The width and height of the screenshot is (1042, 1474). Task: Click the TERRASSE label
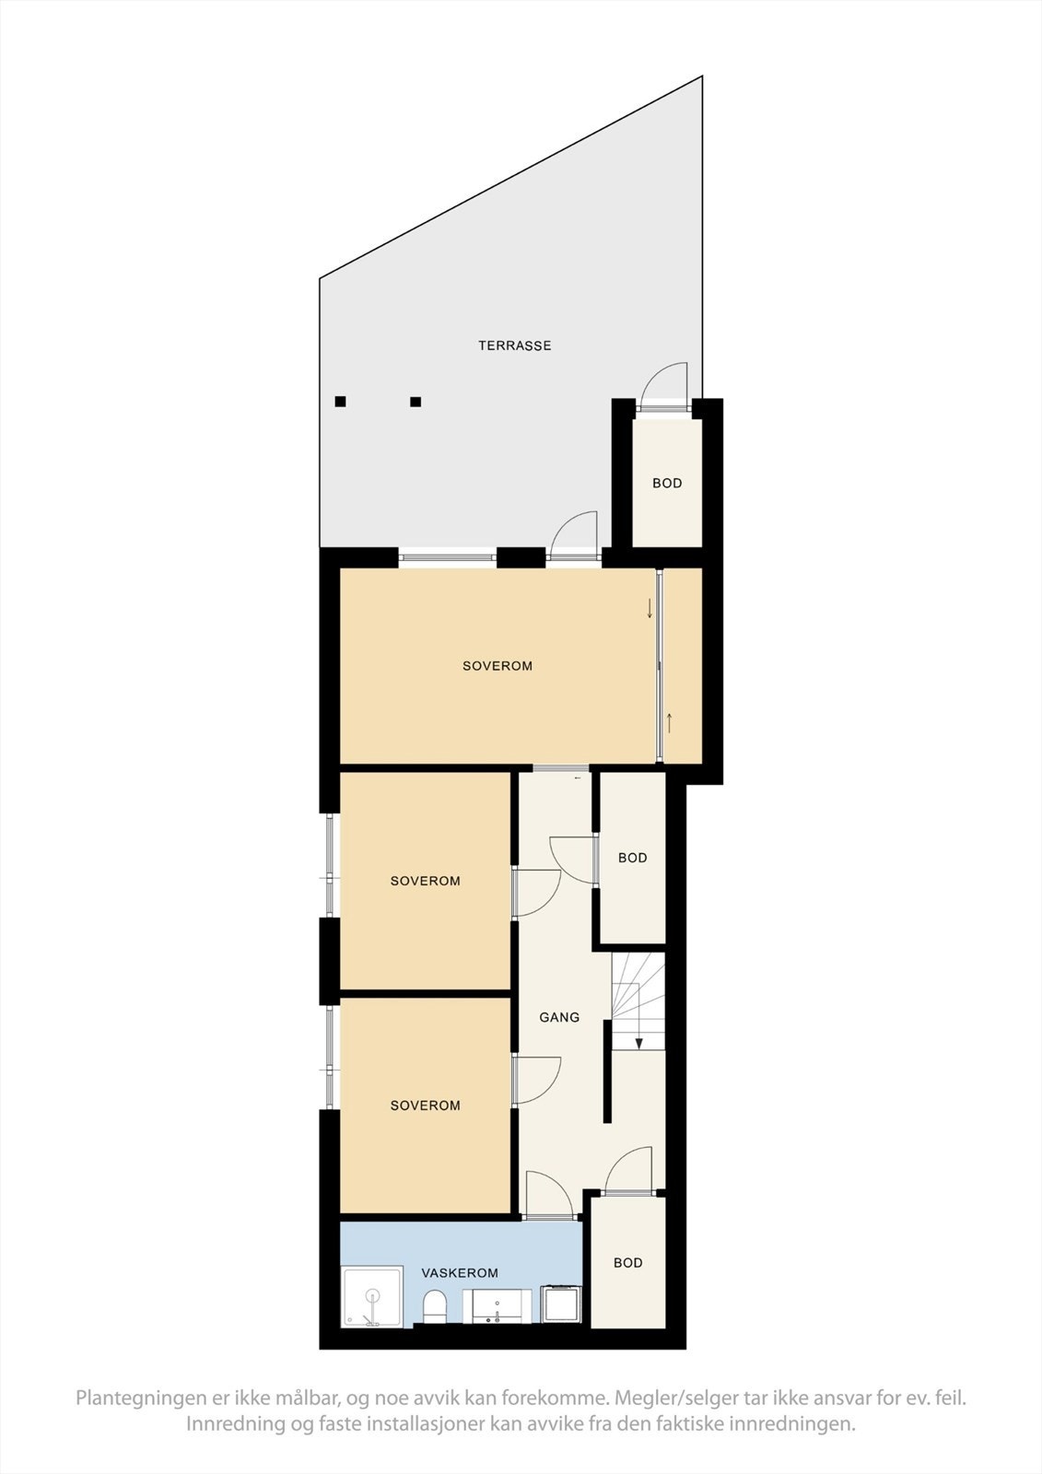pyautogui.click(x=514, y=345)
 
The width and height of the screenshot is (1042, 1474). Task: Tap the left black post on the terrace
pyautogui.click(x=340, y=402)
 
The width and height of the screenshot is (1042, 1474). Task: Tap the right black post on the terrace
pyautogui.click(x=416, y=402)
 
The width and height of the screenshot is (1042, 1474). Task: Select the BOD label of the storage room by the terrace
pyautogui.click(x=667, y=483)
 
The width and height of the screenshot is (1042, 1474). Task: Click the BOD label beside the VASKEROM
pyautogui.click(x=628, y=1262)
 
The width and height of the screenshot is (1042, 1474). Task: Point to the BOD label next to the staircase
pyautogui.click(x=632, y=858)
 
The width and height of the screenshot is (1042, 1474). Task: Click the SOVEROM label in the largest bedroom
pyautogui.click(x=498, y=666)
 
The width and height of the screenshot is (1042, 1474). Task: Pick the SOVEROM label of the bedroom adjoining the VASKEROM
pyautogui.click(x=425, y=1105)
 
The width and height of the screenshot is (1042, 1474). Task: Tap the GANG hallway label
pyautogui.click(x=559, y=1017)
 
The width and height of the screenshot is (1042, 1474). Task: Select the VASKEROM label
pyautogui.click(x=460, y=1273)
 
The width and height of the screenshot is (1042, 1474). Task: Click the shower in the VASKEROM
pyautogui.click(x=372, y=1298)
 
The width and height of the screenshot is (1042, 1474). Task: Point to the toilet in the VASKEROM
pyautogui.click(x=434, y=1306)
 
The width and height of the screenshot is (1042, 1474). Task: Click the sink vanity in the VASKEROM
pyautogui.click(x=498, y=1306)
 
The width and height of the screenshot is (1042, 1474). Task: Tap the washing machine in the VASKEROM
pyautogui.click(x=561, y=1304)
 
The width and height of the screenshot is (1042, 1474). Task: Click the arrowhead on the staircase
pyautogui.click(x=638, y=1043)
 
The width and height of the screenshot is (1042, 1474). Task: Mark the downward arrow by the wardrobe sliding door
pyautogui.click(x=650, y=609)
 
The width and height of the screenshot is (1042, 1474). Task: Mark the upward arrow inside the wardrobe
pyautogui.click(x=670, y=723)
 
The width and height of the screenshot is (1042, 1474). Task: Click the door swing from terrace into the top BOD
pyautogui.click(x=665, y=382)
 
